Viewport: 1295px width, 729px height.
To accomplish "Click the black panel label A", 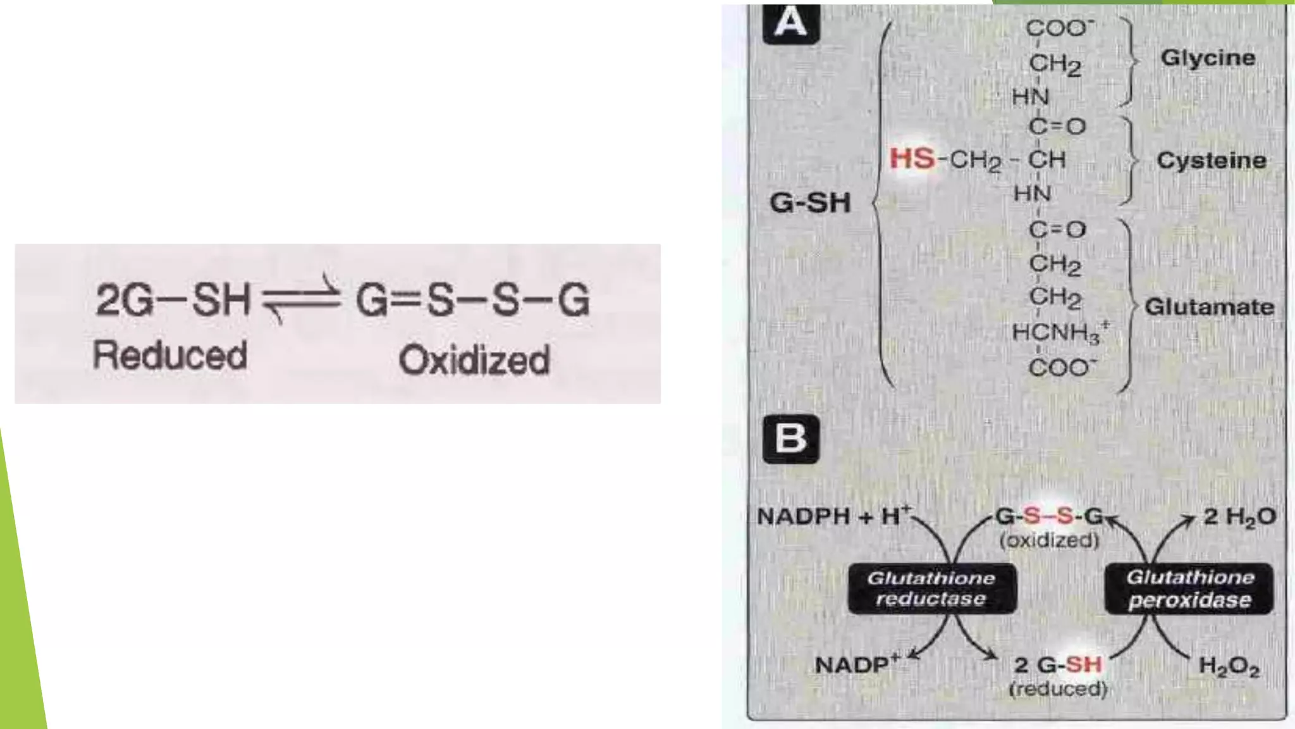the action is (x=791, y=24).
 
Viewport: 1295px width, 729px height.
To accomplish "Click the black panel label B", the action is (x=791, y=439).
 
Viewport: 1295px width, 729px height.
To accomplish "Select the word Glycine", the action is (x=1208, y=58).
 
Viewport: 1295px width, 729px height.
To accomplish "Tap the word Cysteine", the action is (x=1212, y=160).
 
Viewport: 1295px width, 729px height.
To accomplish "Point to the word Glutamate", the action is (x=1210, y=307).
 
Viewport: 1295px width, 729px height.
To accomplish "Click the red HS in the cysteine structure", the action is (x=912, y=158).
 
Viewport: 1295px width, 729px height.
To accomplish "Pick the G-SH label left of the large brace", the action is (x=810, y=203).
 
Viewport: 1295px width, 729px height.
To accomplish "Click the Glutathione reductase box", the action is (x=932, y=589).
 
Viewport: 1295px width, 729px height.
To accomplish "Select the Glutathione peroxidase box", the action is (x=1189, y=589).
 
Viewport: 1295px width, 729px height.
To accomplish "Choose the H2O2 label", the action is (x=1229, y=666).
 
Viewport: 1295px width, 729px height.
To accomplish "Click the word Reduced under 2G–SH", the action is (x=169, y=355).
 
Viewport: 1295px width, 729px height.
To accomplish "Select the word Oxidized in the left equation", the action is (x=474, y=360).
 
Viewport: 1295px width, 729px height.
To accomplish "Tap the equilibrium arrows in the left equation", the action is (x=301, y=299).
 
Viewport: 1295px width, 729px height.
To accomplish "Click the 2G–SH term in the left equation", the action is (x=173, y=299).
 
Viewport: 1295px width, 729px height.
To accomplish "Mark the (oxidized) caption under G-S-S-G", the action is (x=1050, y=540).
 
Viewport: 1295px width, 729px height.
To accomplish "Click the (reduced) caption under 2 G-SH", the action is (x=1059, y=688).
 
